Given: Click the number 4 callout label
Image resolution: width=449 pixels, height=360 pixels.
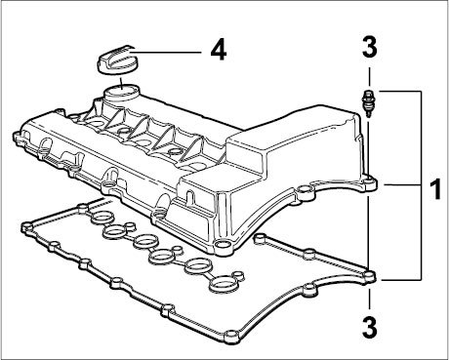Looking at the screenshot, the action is click(x=219, y=51).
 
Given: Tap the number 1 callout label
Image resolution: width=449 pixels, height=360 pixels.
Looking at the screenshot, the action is click(x=434, y=189).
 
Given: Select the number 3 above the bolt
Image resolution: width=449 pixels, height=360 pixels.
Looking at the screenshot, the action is click(x=370, y=48).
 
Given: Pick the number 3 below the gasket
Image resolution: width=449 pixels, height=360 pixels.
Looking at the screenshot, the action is click(x=370, y=327).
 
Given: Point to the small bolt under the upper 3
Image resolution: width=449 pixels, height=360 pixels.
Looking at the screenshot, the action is click(x=368, y=102).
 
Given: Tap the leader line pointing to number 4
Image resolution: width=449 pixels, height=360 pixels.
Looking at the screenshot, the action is click(x=165, y=52).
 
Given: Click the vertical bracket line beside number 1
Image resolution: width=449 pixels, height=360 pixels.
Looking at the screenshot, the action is click(x=422, y=185).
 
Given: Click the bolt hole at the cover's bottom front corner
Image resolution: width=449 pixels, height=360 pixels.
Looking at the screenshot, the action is click(x=222, y=245).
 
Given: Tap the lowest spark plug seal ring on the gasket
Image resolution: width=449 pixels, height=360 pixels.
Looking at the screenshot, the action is click(x=224, y=282).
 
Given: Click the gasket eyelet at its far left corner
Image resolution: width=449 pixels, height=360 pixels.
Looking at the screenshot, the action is click(x=25, y=227).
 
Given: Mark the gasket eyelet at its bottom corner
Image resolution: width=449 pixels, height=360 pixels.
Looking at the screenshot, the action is click(x=230, y=335).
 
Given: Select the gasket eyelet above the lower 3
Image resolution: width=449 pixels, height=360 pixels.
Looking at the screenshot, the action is click(x=369, y=276).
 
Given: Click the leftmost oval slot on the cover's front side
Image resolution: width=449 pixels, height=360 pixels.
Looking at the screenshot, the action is click(x=45, y=144).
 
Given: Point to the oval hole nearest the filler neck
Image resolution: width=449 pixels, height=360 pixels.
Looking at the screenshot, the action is click(x=95, y=123).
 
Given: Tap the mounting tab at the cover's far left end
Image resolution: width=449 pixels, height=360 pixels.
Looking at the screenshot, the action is click(x=19, y=136).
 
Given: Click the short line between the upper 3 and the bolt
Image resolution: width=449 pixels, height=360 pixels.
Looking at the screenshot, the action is click(x=369, y=76).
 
